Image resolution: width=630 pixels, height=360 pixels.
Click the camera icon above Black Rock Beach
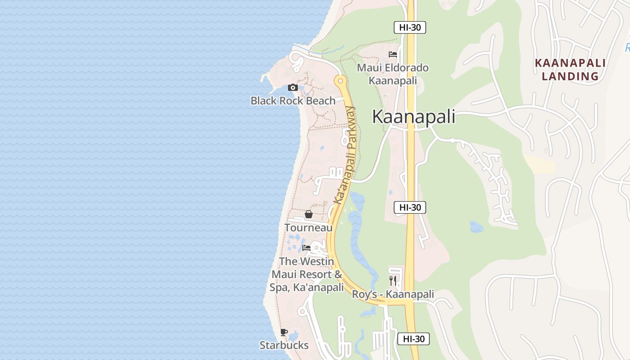click(x=293, y=87)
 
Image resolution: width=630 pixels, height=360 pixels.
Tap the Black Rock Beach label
click(x=293, y=100)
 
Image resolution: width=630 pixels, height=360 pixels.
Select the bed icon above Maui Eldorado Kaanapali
click(x=393, y=54)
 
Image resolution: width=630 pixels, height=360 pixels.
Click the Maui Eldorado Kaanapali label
click(x=392, y=74)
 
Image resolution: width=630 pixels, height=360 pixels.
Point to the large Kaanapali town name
click(x=414, y=117)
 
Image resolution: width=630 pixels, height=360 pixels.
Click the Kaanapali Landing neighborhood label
click(x=570, y=70)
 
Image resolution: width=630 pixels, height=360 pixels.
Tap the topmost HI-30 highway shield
click(x=410, y=27)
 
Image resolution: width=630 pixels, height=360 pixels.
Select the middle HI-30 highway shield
click(x=410, y=207)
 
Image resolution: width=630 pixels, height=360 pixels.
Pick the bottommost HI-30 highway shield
click(x=414, y=339)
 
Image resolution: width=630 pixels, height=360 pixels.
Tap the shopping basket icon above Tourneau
click(x=309, y=214)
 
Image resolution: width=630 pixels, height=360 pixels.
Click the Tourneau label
click(x=309, y=228)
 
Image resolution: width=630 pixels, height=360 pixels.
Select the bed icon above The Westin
click(x=306, y=248)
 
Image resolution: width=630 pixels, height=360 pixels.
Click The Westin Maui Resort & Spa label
click(x=307, y=274)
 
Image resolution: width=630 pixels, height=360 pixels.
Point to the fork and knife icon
click(x=393, y=281)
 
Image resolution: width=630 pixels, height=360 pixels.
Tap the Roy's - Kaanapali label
click(x=393, y=294)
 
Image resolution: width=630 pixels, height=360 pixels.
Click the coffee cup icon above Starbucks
click(x=284, y=333)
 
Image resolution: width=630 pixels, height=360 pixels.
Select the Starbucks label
click(x=284, y=345)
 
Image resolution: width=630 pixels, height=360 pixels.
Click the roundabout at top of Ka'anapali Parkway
click(x=340, y=81)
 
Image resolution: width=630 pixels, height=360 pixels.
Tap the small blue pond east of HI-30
click(x=476, y=226)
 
